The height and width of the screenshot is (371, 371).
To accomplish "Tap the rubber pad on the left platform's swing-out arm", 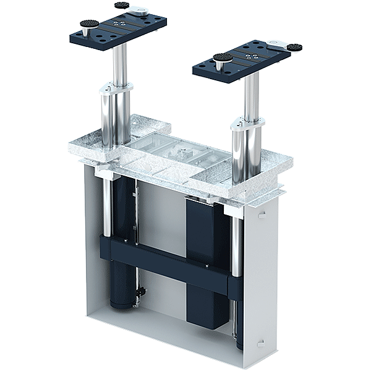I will point(122,6).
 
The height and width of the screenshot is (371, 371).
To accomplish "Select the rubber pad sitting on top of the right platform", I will point(223,58).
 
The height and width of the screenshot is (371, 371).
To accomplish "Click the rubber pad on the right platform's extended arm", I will point(294,47).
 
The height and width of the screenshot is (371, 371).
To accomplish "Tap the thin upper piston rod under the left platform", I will point(120,65).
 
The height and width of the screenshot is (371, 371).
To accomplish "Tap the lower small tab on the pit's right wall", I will point(262,342).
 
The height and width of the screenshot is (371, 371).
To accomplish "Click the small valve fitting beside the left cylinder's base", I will point(141,291).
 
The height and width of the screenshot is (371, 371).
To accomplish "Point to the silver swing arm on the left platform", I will point(137,11).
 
